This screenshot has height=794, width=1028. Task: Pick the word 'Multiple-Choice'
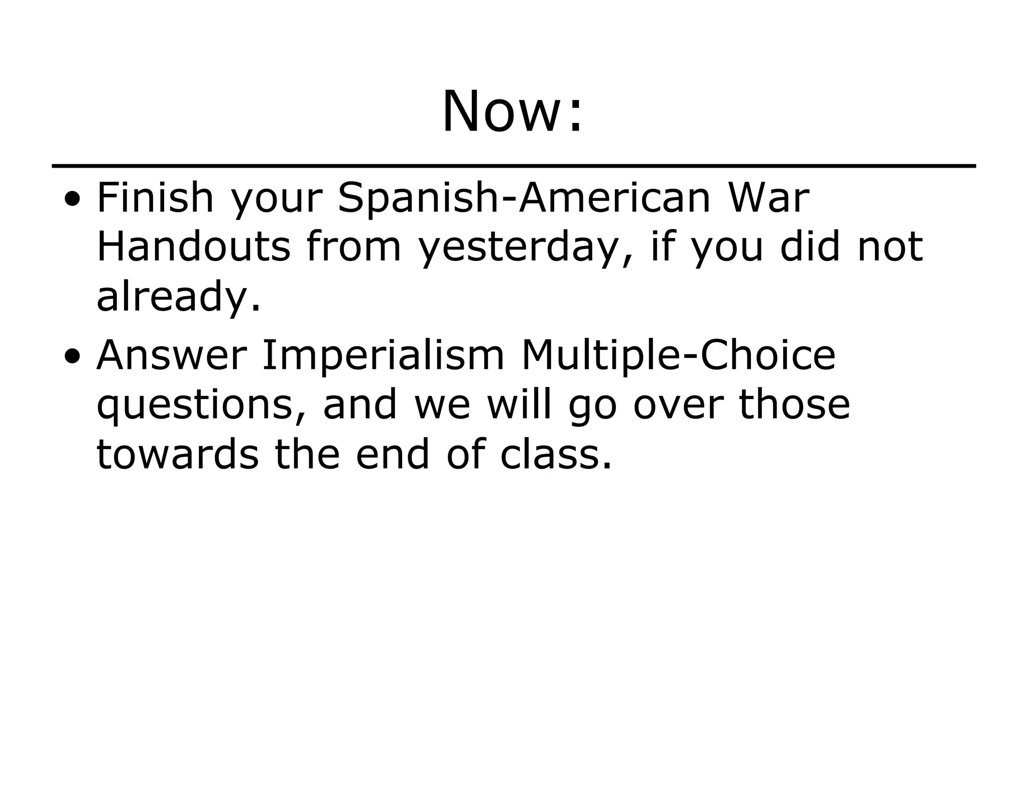pyautogui.click(x=678, y=355)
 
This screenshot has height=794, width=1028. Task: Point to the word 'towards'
pyautogui.click(x=177, y=454)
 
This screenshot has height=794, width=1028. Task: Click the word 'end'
pyautogui.click(x=393, y=454)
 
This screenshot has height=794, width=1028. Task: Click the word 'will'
pyautogui.click(x=520, y=405)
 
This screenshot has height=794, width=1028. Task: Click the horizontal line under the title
pyautogui.click(x=513, y=166)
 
